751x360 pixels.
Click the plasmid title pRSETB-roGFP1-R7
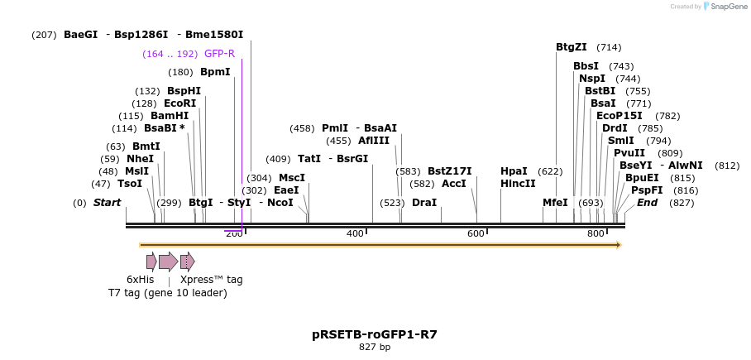click(375, 334)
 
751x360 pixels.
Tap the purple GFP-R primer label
click(219, 54)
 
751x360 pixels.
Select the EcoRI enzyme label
click(179, 103)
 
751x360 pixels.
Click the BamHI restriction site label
click(170, 116)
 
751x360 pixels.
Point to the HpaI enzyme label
click(514, 171)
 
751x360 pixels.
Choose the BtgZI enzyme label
click(572, 47)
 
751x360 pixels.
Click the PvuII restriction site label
click(629, 152)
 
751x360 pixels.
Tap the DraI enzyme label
click(423, 203)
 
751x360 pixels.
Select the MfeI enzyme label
click(555, 203)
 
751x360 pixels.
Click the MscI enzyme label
click(292, 178)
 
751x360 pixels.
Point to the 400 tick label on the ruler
click(355, 234)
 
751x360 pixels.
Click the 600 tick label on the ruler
click(476, 234)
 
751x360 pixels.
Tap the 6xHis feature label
click(141, 279)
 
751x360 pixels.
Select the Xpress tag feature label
click(212, 279)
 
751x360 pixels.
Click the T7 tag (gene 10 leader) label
click(167, 293)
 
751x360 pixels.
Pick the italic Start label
click(107, 203)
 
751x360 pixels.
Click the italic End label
click(647, 203)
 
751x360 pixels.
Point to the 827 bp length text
click(375, 347)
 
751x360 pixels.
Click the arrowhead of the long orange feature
click(616, 245)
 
